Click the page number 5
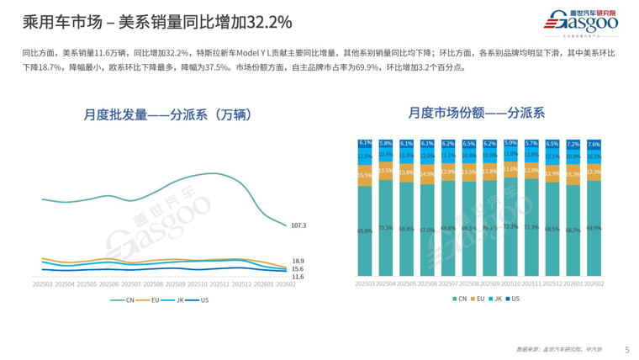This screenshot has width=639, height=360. coord(627,349)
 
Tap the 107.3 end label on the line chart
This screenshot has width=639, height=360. coord(298,225)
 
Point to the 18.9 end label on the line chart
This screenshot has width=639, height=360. coord(298,262)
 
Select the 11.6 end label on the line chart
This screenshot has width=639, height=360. coord(298,276)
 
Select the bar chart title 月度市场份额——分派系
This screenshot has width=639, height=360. coord(476,111)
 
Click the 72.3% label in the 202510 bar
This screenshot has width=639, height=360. coord(510,227)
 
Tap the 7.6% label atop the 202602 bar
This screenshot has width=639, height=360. coord(593,145)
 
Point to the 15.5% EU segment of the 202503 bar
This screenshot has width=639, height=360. coord(365,175)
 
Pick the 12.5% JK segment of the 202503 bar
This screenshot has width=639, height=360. coord(365,156)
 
